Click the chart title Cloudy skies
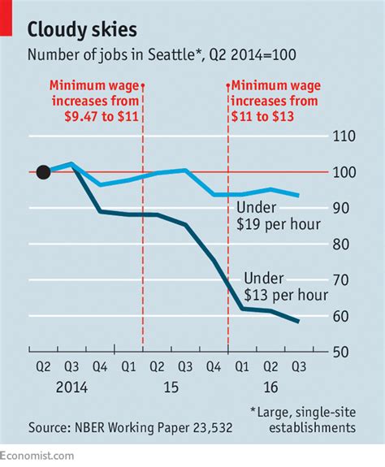[x=82, y=30]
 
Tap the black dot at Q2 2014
[x=44, y=172]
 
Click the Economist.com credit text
[x=37, y=457]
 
